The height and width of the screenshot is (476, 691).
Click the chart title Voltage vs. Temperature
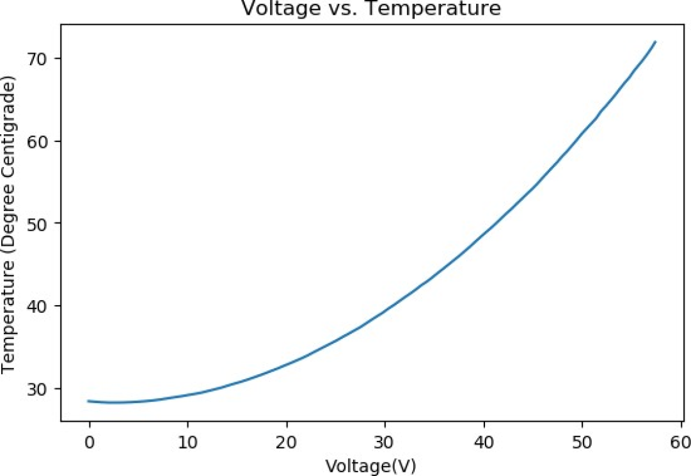(370, 8)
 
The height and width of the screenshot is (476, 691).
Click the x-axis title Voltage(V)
(370, 464)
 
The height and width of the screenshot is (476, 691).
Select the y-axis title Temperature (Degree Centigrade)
(9, 227)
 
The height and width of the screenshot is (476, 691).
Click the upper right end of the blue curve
(655, 42)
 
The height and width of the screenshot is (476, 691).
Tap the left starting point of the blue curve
(89, 401)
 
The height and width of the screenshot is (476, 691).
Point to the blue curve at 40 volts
(484, 230)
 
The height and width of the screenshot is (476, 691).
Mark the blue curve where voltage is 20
(287, 363)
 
